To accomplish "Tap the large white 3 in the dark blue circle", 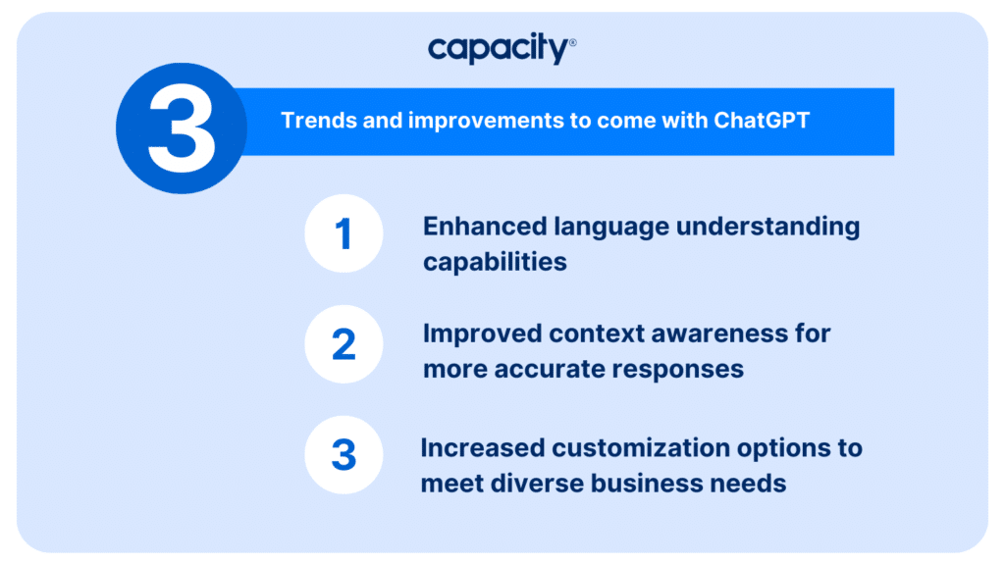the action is coord(182,128).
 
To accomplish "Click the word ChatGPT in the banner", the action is coord(762,121).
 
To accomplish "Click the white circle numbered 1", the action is coord(344,233).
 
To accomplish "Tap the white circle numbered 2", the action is coord(344,344).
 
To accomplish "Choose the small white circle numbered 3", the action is coord(344,455).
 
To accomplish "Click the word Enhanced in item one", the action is coord(485,227).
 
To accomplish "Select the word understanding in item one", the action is coord(767,228).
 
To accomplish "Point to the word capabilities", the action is coord(495,262).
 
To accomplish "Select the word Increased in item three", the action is coord(482,447).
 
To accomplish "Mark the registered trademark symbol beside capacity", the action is coord(572,43).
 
